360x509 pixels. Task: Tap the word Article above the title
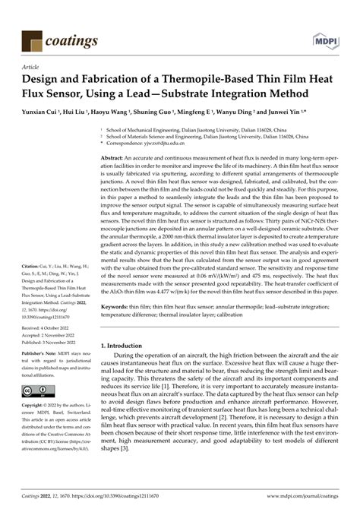(33, 67)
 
